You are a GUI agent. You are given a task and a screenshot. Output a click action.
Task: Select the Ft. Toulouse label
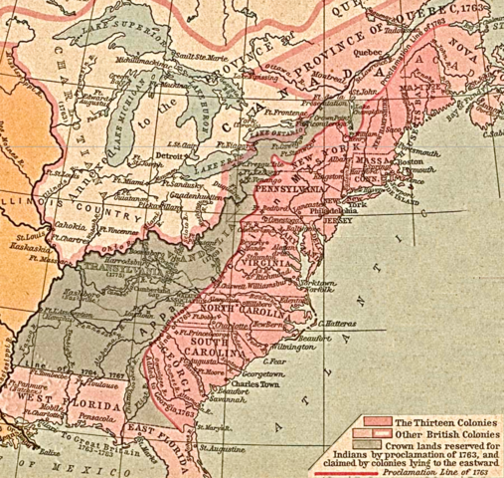[110, 380]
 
